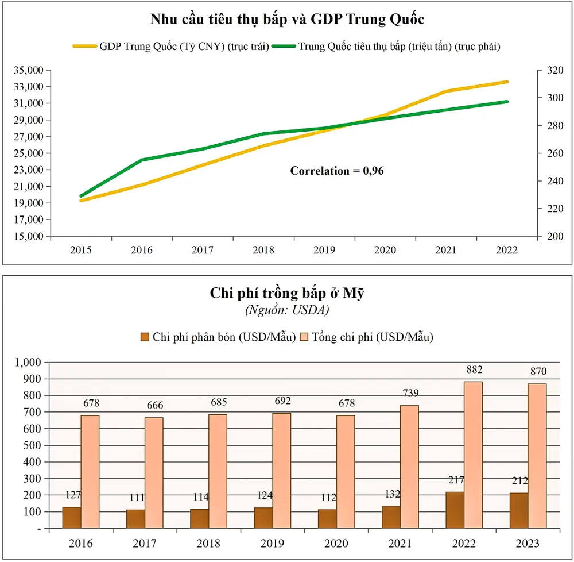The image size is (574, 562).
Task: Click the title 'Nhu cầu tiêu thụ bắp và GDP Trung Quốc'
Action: (287, 20)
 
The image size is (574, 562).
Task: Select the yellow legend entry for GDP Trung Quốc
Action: (171, 47)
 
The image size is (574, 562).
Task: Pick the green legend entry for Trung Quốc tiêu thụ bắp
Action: (386, 47)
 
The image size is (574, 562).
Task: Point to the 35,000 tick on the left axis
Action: (29, 70)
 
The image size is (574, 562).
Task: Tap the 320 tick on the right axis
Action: (551, 70)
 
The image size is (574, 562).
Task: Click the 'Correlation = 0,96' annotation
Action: (337, 171)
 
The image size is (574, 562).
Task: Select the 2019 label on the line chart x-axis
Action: (324, 250)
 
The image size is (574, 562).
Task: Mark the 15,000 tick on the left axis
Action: (29, 236)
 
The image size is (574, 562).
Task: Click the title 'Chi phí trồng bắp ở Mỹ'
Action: (287, 294)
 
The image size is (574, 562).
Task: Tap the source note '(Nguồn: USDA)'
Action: (287, 310)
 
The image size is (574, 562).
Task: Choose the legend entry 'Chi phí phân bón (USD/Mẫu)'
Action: (218, 337)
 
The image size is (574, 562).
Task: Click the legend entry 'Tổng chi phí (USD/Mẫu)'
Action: (367, 337)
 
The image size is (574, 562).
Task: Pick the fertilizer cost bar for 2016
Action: (72, 518)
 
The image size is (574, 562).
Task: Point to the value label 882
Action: (474, 369)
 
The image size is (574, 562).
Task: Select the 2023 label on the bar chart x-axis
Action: (528, 544)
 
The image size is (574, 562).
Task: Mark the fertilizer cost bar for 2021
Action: (391, 517)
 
